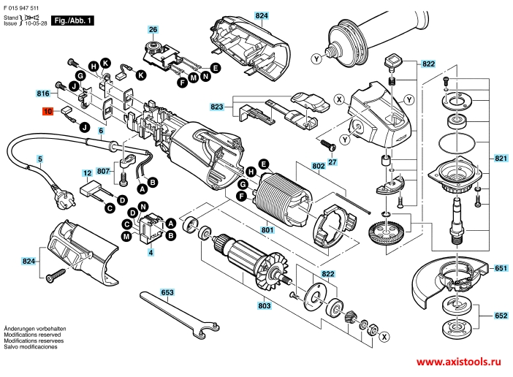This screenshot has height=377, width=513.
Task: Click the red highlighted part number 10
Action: (47, 112)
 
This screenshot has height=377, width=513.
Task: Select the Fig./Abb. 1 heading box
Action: (75, 23)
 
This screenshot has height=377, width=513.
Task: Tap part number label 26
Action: (153, 30)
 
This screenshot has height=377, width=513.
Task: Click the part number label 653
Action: (168, 292)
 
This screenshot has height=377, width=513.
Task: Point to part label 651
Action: (501, 268)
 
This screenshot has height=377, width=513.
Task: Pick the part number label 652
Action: (501, 316)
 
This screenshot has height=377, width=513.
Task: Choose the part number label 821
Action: (501, 159)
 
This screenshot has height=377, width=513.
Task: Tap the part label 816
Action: (43, 94)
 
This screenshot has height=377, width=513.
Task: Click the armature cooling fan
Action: (262, 267)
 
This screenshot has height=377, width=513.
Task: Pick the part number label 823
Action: (217, 107)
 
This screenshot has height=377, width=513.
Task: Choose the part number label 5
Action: (40, 158)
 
